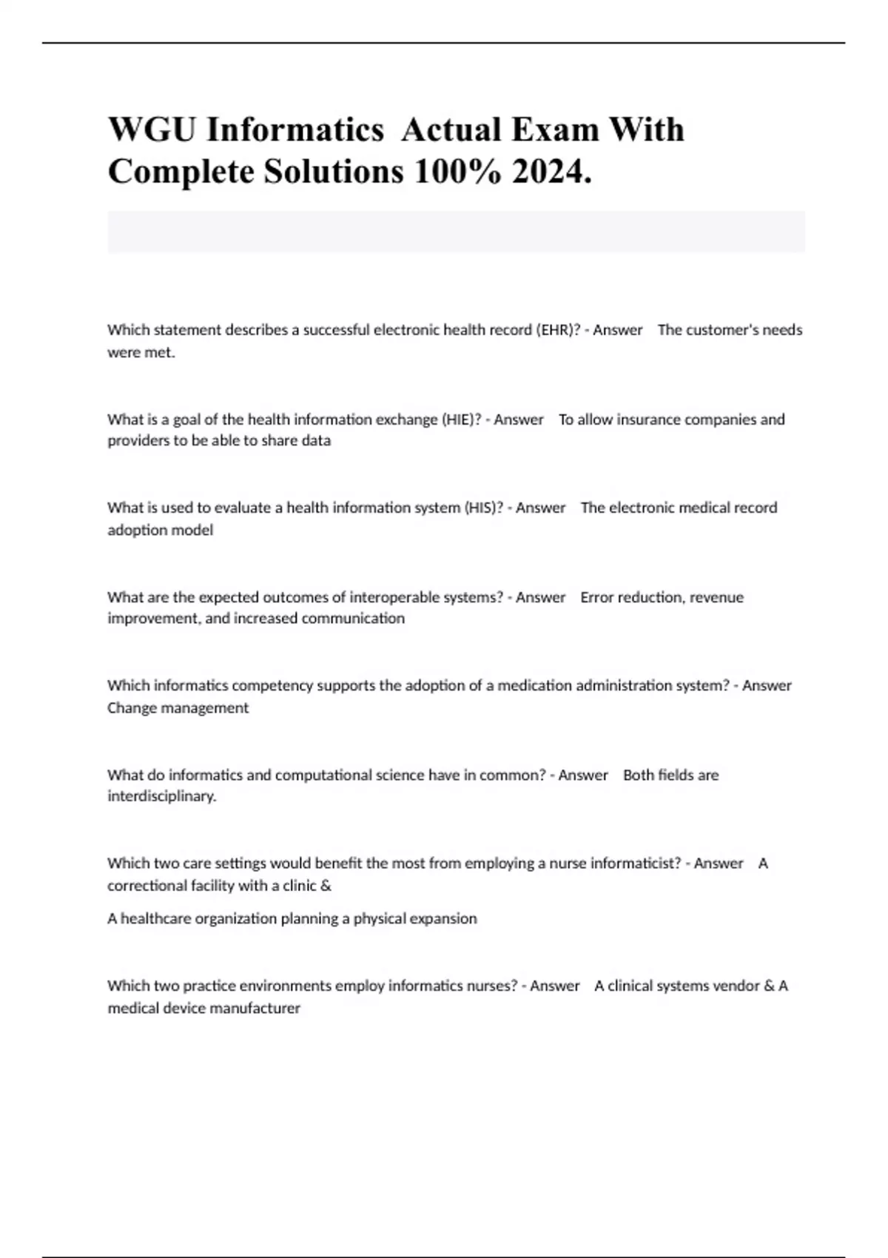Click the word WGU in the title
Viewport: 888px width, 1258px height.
point(152,130)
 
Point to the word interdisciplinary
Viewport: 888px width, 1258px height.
point(161,797)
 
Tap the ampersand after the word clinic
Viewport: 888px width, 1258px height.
point(326,886)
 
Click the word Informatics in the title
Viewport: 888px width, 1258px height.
point(295,130)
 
